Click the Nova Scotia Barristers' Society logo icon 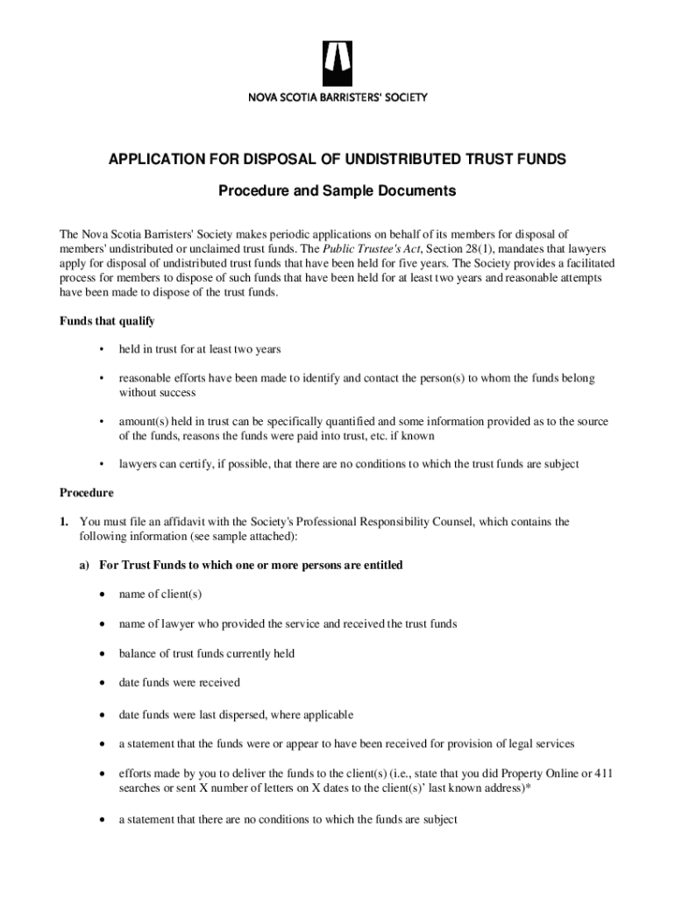(x=337, y=60)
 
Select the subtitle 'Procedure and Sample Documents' (x=337, y=190)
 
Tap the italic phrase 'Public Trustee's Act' (x=354, y=249)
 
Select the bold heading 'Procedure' (x=86, y=493)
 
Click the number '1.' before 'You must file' (x=65, y=522)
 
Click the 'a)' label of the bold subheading (x=85, y=566)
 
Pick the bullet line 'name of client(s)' (x=160, y=595)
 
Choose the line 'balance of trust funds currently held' (x=207, y=653)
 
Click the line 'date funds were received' (x=179, y=682)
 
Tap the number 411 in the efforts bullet (x=603, y=773)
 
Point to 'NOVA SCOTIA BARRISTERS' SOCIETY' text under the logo (x=337, y=97)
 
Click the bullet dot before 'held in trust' (x=103, y=350)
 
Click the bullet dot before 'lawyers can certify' (x=103, y=465)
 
